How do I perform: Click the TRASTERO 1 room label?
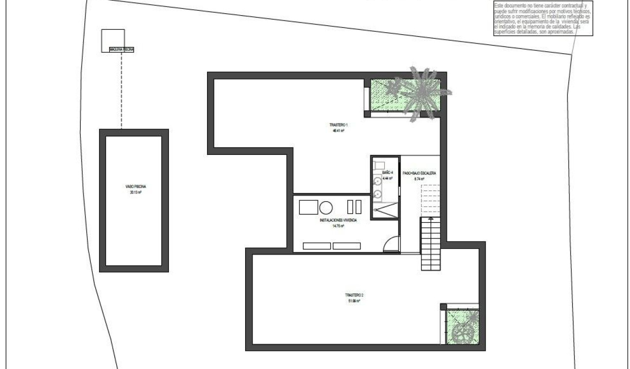point(335,125)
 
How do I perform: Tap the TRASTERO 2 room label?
point(354,295)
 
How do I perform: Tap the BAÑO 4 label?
point(388,173)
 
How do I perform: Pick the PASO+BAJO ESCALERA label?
point(419,173)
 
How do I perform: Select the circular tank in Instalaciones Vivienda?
point(326,207)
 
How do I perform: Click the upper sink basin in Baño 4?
point(378,182)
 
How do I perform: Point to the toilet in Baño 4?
point(379,165)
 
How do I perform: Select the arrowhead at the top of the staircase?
point(431,219)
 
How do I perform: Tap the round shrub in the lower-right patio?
point(462,334)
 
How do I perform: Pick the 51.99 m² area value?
point(354,301)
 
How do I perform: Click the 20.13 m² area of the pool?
point(136,193)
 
